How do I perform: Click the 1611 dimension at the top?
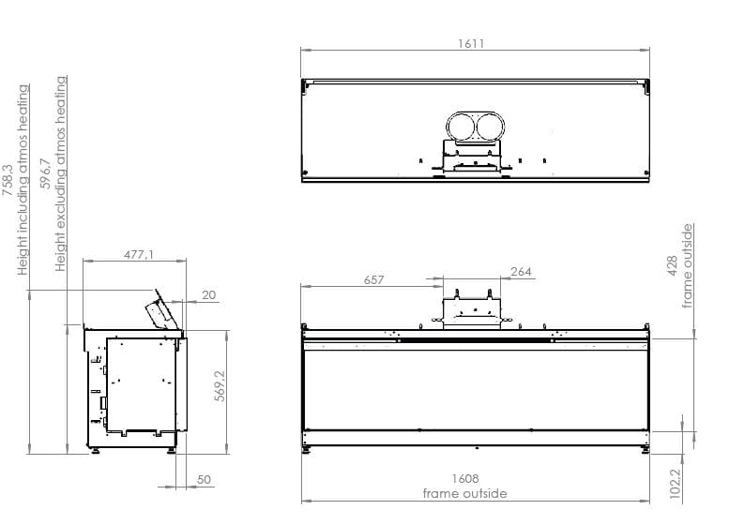coord(472,44)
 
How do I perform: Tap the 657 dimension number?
coord(373,279)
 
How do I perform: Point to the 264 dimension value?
coord(521,272)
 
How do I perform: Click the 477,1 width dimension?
coord(138,254)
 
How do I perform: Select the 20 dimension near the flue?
coord(208,294)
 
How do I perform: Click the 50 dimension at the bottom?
coord(204,479)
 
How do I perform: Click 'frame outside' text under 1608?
coord(464,493)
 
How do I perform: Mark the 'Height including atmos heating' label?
coord(24,178)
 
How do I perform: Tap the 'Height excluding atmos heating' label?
coord(62,173)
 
